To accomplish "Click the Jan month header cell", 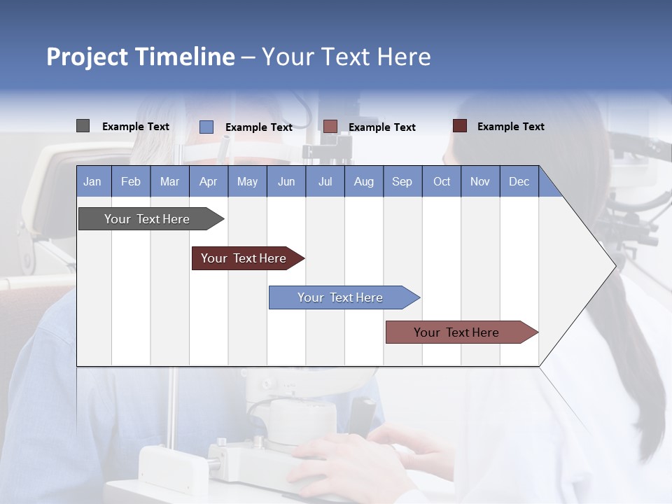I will coord(93,181).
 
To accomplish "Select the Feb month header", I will coord(131,181).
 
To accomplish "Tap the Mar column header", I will coord(169,181).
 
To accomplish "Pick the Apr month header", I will coord(209,181).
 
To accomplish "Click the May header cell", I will coord(247,181).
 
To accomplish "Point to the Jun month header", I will coord(286,181).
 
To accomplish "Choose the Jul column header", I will coord(325,181).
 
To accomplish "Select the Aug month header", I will coord(364,181).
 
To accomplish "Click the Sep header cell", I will coord(402,181).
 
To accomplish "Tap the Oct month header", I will coord(442,181).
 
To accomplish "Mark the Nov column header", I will coord(480,181).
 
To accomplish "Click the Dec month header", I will coord(519,181).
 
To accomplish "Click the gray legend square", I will coord(83,126).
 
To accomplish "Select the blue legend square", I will coord(206,127).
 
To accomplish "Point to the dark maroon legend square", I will coord(460,126).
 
